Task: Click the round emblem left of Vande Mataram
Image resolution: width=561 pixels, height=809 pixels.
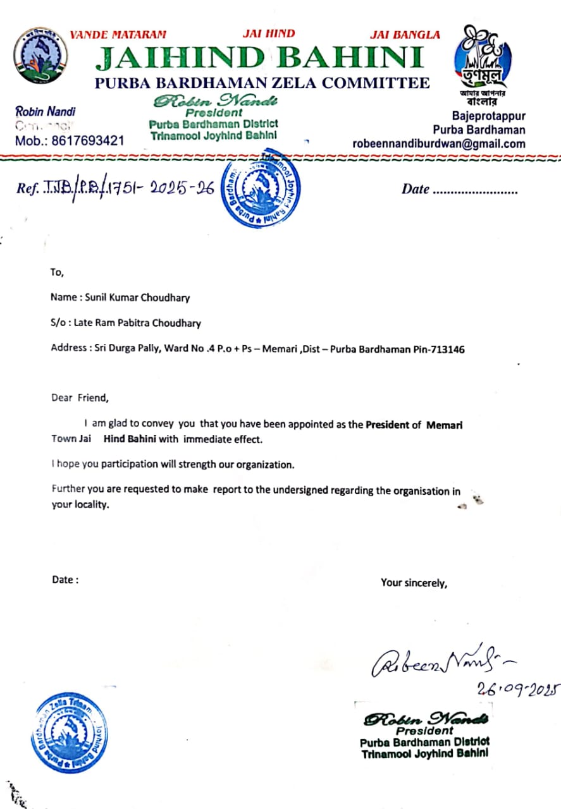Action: pyautogui.click(x=40, y=56)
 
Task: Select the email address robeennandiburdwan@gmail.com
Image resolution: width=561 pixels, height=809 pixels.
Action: pyautogui.click(x=439, y=143)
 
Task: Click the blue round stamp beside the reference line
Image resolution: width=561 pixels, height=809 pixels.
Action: pyautogui.click(x=261, y=188)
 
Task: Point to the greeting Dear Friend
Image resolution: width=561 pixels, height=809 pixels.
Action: pyautogui.click(x=80, y=398)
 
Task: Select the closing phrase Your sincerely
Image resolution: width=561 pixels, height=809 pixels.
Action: pyautogui.click(x=414, y=583)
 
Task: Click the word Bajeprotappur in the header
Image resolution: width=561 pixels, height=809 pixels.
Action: pyautogui.click(x=489, y=116)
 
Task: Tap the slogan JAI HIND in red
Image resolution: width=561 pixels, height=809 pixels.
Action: pyautogui.click(x=269, y=34)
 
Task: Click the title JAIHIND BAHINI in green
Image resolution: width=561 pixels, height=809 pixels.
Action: pyautogui.click(x=259, y=59)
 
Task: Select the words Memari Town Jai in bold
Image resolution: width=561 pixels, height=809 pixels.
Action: pyautogui.click(x=445, y=425)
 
